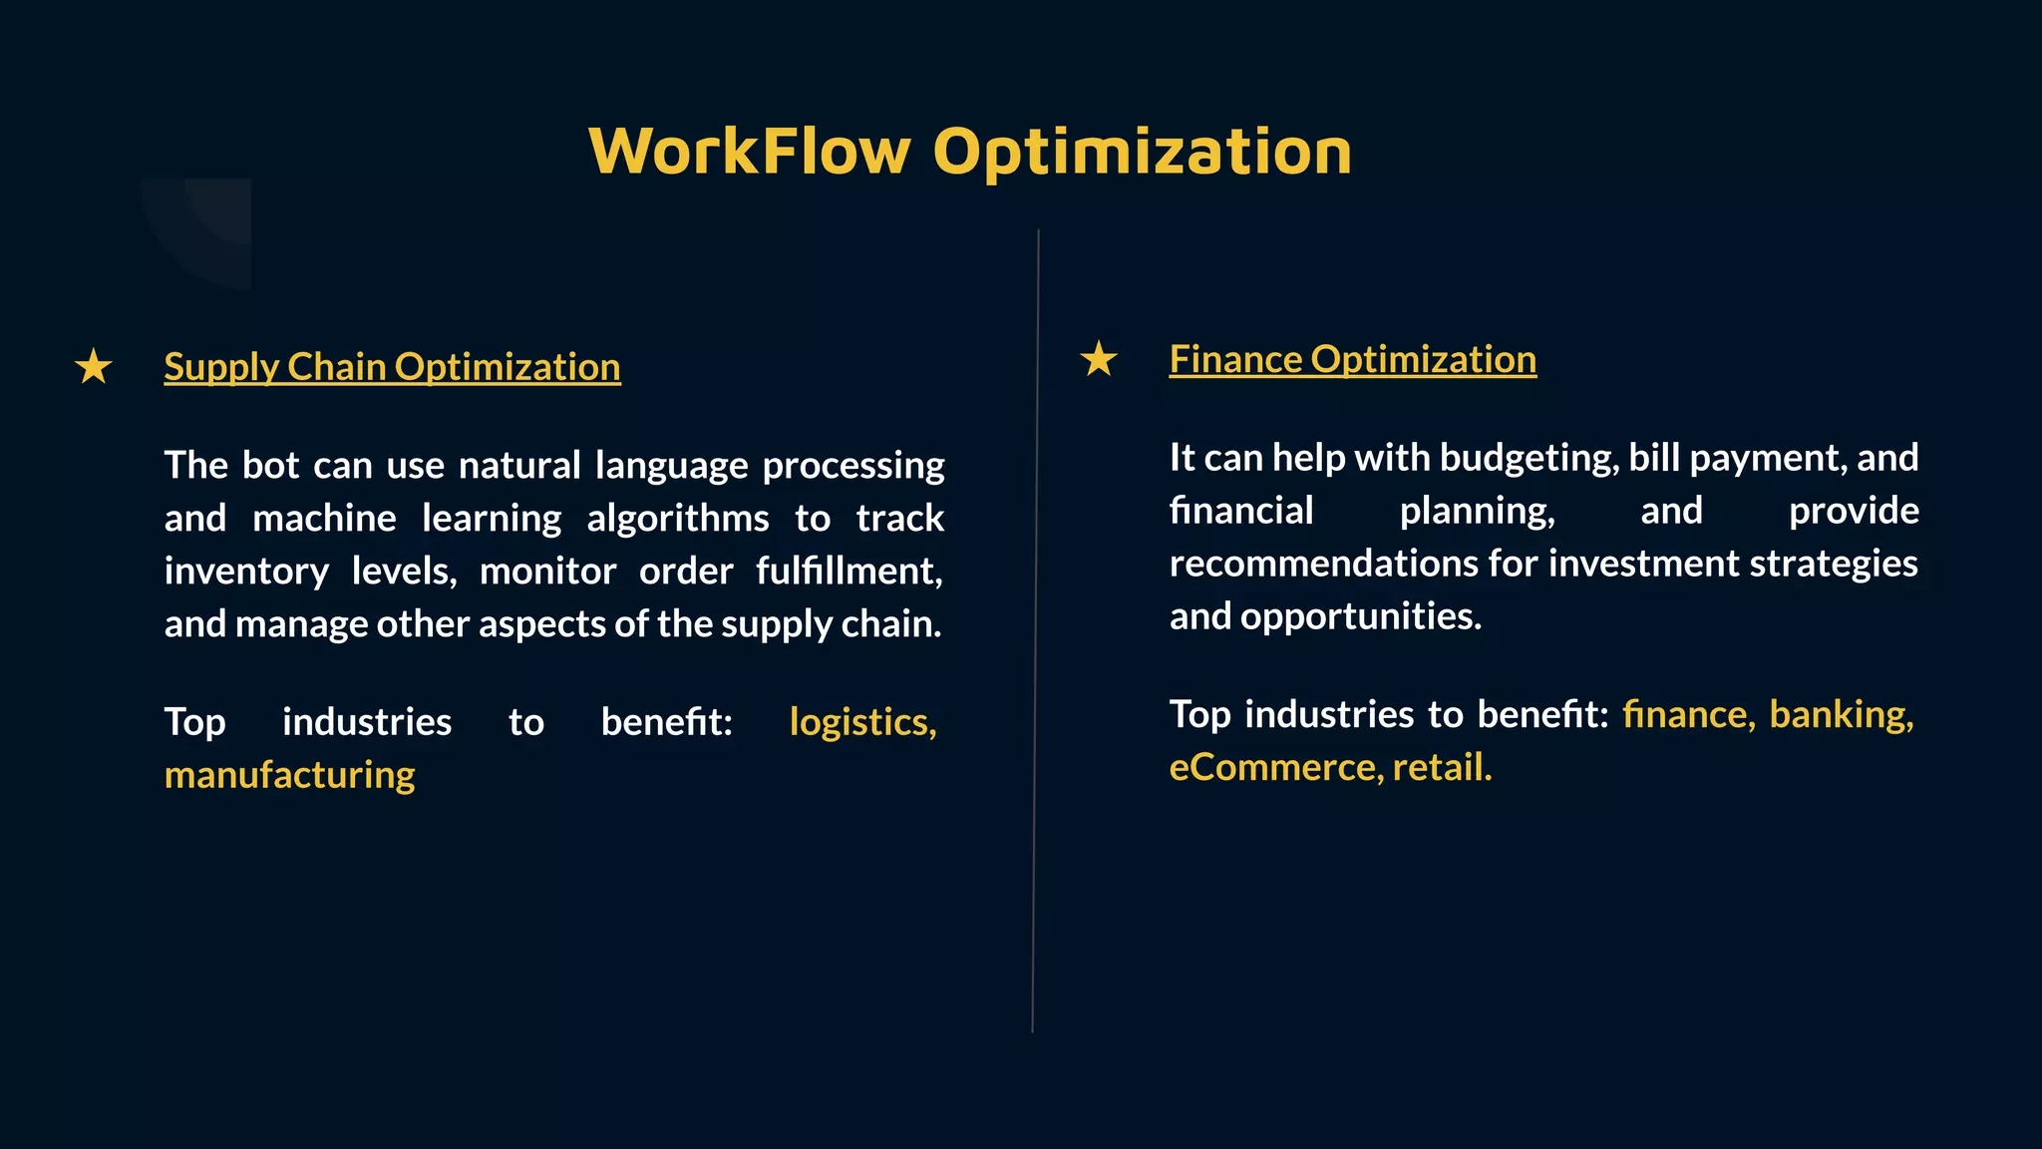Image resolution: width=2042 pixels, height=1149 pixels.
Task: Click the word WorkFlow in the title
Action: coord(750,152)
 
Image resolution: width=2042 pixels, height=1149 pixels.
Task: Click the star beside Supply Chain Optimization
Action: coord(94,366)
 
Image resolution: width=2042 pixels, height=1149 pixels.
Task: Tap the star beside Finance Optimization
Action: coord(1099,359)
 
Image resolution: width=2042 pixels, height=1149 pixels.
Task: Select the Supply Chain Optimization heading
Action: coord(392,367)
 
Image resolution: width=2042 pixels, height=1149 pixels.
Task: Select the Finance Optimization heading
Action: coord(1352,359)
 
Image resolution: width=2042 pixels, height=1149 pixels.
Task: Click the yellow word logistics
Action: coord(862,722)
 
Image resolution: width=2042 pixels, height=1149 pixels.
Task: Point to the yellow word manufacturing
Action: coord(289,775)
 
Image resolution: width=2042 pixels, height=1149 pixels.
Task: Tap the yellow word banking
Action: coord(1841,714)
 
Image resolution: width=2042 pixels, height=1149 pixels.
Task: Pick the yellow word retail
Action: coord(1442,767)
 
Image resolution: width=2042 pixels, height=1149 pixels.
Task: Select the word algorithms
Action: coord(677,519)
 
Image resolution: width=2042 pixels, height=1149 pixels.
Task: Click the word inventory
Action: coord(246,572)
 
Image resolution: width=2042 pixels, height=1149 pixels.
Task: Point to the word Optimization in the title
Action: coord(1143,152)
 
